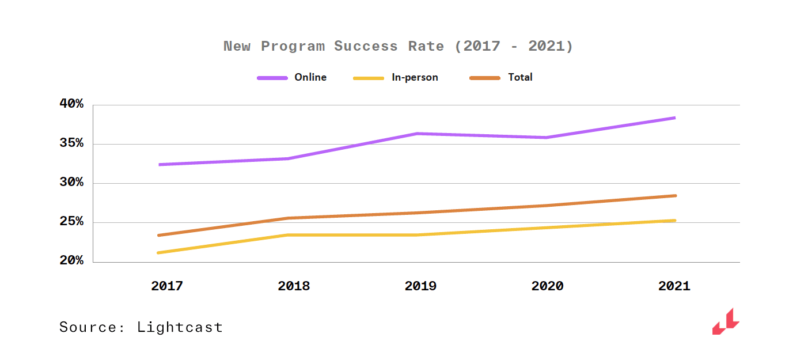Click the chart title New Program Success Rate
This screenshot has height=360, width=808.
pos(398,46)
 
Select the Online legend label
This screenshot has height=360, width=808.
pos(310,77)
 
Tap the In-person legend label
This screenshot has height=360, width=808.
pos(415,77)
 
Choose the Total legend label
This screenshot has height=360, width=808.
pos(520,77)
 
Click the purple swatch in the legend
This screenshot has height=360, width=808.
pos(272,78)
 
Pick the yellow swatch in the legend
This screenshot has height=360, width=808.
pos(369,78)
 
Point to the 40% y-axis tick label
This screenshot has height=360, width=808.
pos(71,104)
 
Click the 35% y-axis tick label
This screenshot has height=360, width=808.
pos(71,143)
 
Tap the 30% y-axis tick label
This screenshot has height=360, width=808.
pos(71,183)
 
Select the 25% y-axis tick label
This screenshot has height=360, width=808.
pos(71,222)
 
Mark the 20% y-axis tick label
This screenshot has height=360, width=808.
pos(71,261)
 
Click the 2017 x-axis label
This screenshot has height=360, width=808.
pos(167,286)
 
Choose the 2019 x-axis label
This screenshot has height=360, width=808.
pos(420,286)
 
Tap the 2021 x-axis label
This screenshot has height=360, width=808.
pos(674,286)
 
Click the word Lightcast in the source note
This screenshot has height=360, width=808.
pos(180,328)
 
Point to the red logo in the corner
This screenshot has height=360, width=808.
pos(726,321)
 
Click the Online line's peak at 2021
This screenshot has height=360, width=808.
pos(674,118)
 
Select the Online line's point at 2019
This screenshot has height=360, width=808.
pos(416,134)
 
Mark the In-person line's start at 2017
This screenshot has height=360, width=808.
pos(158,252)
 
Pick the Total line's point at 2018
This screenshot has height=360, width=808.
pos(288,218)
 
